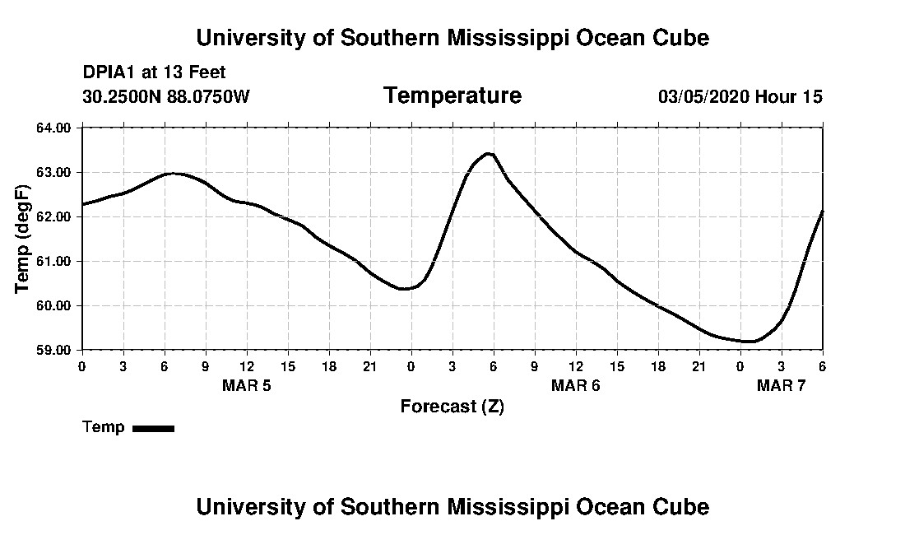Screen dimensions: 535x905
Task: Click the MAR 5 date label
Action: (246, 385)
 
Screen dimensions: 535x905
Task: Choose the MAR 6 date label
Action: (575, 385)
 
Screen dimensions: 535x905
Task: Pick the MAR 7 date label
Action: (781, 385)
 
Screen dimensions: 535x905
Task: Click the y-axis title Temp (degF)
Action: (23, 239)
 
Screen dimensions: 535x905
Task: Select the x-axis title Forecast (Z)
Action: (452, 407)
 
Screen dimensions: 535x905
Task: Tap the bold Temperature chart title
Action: (452, 96)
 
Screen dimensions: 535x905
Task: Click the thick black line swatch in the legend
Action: (153, 428)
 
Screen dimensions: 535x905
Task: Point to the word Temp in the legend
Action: (104, 427)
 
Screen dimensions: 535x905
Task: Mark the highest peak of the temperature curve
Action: (489, 153)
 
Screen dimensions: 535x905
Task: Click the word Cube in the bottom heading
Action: (681, 506)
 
